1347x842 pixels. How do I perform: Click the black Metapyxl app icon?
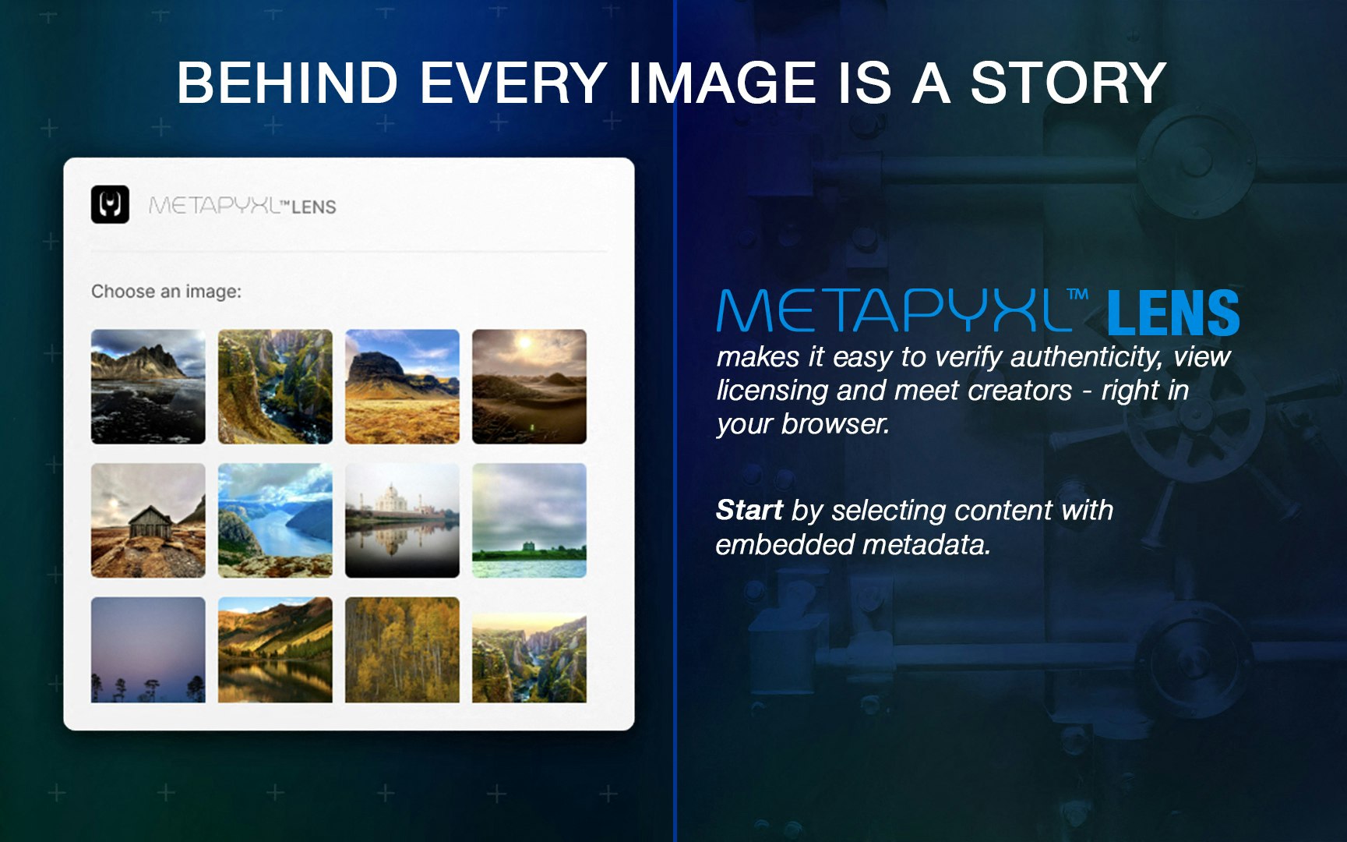110,204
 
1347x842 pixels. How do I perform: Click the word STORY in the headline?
1067,83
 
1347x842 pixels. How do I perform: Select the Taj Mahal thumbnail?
402,520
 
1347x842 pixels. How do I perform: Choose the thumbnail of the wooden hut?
148,520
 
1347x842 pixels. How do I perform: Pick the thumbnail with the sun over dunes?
529,386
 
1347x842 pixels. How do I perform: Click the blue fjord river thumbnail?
275,520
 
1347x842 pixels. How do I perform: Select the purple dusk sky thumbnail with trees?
148,649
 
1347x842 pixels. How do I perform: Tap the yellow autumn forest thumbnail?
402,649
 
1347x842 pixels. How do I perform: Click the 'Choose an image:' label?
166,292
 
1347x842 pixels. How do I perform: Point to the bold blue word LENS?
1172,313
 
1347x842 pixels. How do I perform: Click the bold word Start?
749,510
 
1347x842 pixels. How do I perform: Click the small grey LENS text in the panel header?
314,207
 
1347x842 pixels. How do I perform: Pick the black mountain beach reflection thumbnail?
148,386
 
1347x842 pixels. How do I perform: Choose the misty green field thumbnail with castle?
529,520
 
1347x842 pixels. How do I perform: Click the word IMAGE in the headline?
722,83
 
